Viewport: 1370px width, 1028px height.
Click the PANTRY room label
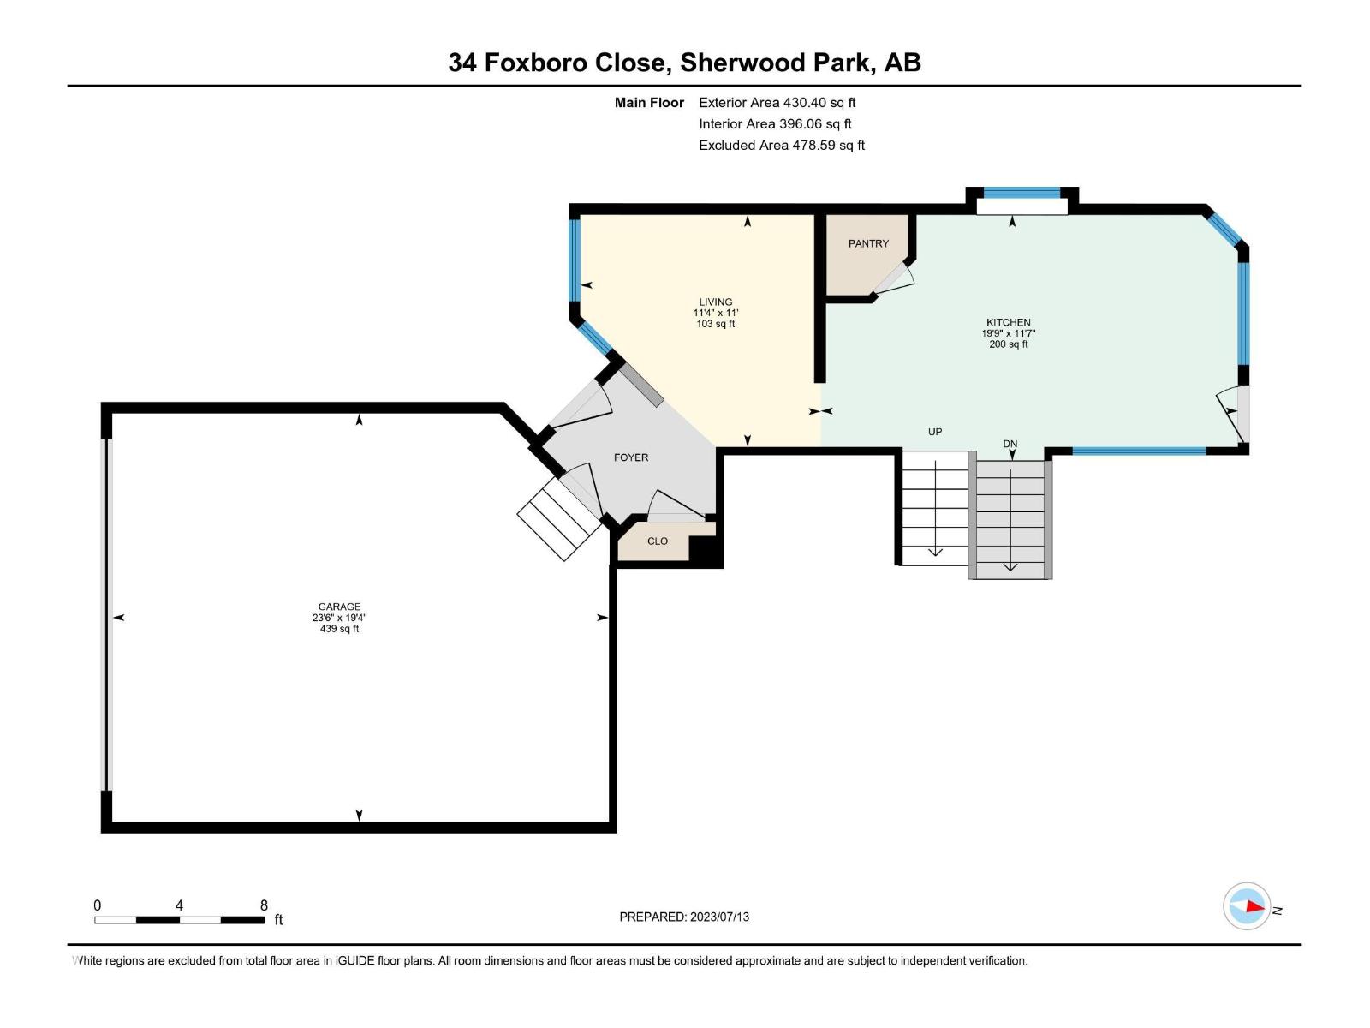click(x=868, y=243)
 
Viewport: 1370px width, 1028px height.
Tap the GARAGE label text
click(x=340, y=606)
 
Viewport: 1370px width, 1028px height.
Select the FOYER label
click(x=631, y=457)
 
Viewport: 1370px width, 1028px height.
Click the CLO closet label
click(x=658, y=541)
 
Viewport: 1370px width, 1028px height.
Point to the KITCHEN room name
click(x=1008, y=322)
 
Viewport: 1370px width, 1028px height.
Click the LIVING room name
click(x=715, y=302)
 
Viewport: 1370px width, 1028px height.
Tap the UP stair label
click(x=935, y=431)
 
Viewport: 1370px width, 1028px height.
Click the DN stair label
click(x=1010, y=444)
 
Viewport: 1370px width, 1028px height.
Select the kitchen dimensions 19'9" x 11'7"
click(x=1008, y=333)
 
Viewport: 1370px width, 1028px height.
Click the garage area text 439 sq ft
click(x=340, y=629)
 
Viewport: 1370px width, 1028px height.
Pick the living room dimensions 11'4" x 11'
click(x=715, y=313)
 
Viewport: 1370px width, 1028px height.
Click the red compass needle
click(x=1254, y=906)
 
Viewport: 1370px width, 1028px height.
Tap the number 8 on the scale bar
click(x=264, y=905)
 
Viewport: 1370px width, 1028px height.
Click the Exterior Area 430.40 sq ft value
click(x=819, y=102)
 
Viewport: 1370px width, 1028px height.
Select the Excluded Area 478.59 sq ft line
click(x=782, y=146)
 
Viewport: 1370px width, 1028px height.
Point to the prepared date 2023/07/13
click(x=719, y=917)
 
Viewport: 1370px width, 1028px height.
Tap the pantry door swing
click(x=895, y=278)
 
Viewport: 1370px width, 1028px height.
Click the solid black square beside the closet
click(x=706, y=551)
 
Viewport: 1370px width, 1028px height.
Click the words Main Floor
click(x=649, y=102)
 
